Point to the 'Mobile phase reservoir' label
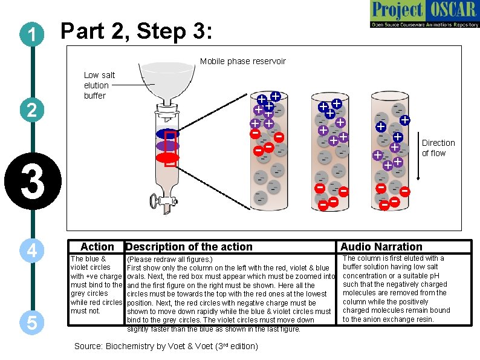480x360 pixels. pos(242,61)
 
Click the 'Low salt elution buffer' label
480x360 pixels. pos(99,85)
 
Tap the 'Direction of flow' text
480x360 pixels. pos(438,148)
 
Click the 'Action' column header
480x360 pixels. pos(97,247)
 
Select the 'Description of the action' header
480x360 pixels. pos(189,247)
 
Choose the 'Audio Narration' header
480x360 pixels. pos(381,247)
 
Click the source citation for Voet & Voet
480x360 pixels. pos(166,347)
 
